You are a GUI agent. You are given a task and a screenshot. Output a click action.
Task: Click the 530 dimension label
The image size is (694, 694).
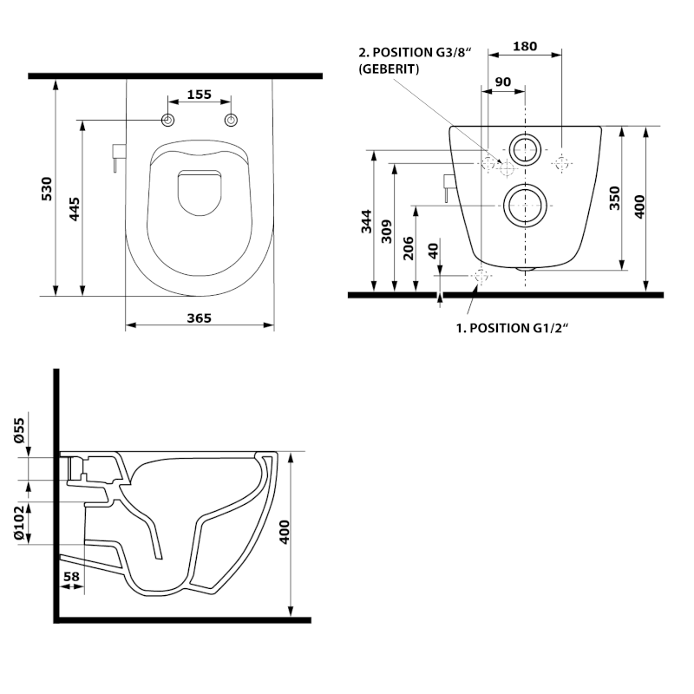click(46, 188)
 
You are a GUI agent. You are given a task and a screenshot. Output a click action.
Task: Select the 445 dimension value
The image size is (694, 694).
click(74, 208)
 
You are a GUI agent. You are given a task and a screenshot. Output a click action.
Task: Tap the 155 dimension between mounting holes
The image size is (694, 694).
click(200, 95)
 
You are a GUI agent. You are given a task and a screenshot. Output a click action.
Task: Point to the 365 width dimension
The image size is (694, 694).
click(200, 318)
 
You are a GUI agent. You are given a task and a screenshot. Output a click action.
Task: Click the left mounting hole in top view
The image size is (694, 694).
click(168, 119)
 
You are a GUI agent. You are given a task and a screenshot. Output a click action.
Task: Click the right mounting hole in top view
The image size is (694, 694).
click(231, 119)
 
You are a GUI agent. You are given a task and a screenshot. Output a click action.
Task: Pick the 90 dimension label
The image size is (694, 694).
click(502, 82)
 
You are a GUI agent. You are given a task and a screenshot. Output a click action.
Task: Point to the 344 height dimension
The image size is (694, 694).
click(366, 222)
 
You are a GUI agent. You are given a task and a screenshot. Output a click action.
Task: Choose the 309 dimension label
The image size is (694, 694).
click(388, 228)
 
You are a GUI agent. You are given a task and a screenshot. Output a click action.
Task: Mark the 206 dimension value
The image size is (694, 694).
click(409, 249)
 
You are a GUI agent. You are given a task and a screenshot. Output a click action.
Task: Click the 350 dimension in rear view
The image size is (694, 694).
click(614, 198)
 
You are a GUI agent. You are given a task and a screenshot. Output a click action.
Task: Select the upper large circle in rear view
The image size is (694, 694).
click(525, 150)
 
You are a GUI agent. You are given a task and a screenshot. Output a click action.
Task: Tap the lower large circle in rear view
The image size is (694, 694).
click(525, 205)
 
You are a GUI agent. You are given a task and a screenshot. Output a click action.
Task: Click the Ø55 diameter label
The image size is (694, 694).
click(22, 431)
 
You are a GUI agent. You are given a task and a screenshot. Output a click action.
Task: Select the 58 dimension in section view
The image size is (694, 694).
click(71, 575)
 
